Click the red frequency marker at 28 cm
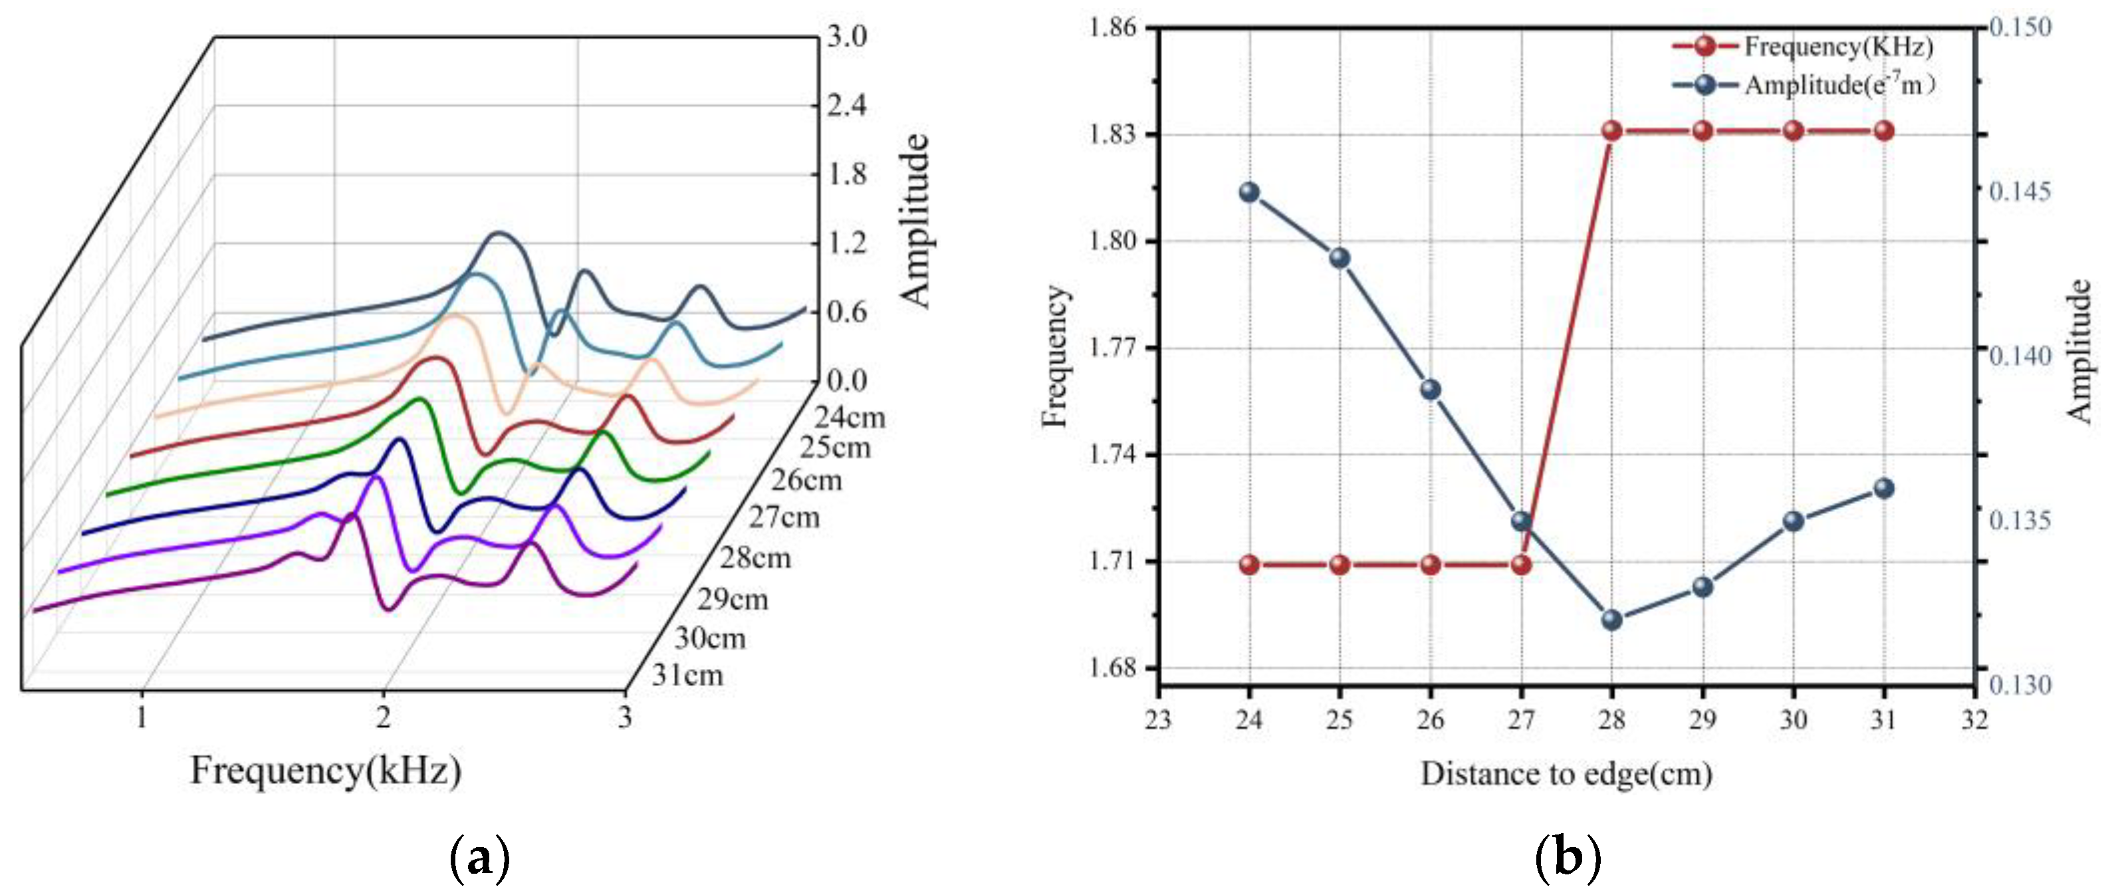point(1612,131)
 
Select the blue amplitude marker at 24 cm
point(1250,192)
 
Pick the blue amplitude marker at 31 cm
point(1884,488)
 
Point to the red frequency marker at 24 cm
point(1250,565)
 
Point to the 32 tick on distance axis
point(1974,719)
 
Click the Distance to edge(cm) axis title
point(1566,773)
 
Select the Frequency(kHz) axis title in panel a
point(326,771)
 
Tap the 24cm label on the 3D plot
point(850,418)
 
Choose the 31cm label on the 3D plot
point(688,676)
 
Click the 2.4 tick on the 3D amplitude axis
point(846,106)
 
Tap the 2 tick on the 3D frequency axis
point(383,718)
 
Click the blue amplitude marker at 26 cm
point(1431,390)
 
